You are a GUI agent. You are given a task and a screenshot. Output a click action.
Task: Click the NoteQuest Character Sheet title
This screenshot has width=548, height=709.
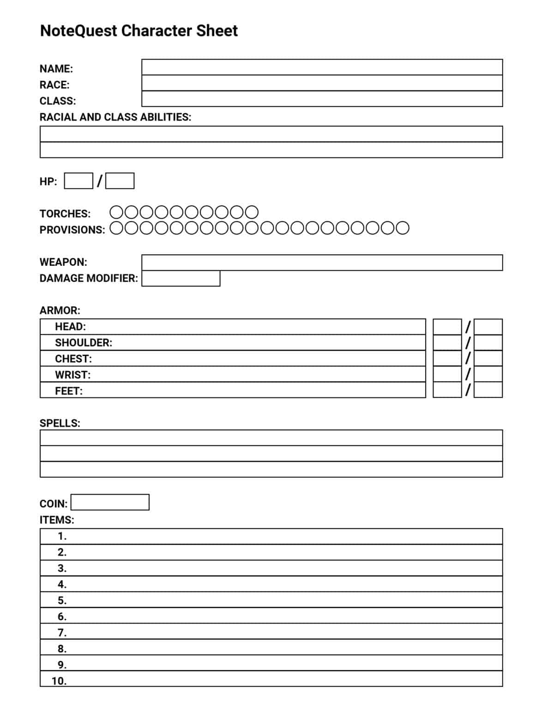tap(139, 31)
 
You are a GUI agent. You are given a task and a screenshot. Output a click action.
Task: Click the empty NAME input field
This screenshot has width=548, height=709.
tap(322, 67)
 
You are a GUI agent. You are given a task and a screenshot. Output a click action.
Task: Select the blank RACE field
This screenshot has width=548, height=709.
tap(322, 83)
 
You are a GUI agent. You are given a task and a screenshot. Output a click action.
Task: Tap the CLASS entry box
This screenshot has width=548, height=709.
tap(322, 99)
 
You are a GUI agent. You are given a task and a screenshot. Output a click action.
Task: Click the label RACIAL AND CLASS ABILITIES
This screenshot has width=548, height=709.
tap(115, 117)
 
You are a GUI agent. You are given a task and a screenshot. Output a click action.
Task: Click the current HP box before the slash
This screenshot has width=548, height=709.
tap(78, 181)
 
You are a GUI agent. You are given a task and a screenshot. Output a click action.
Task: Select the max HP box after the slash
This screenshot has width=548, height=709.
tap(120, 181)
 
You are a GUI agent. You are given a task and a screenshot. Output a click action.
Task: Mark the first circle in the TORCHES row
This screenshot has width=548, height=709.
tap(117, 212)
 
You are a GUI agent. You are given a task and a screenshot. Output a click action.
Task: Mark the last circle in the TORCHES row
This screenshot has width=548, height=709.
tap(252, 212)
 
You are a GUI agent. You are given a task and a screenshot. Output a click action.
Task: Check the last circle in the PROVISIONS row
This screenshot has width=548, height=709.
tap(402, 228)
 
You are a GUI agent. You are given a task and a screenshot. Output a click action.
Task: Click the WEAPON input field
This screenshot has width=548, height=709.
tap(322, 263)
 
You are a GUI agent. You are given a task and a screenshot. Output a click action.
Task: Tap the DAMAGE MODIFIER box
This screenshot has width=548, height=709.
tap(181, 278)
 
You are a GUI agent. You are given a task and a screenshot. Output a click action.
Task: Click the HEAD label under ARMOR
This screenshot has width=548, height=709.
tap(70, 327)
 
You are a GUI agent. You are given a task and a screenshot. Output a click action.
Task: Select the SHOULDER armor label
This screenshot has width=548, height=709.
tap(84, 343)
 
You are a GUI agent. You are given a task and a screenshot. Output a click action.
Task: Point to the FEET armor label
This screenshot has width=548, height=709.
tap(69, 391)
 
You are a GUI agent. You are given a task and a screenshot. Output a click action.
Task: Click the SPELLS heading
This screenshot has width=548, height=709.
tap(60, 423)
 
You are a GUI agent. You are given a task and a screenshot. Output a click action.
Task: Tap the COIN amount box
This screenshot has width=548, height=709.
tap(110, 502)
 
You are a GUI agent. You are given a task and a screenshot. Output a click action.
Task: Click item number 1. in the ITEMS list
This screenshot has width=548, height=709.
tap(62, 536)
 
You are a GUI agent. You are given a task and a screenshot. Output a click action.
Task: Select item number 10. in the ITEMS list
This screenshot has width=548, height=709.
tap(59, 681)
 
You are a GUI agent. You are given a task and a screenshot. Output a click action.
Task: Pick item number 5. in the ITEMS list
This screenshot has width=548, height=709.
tap(62, 601)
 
